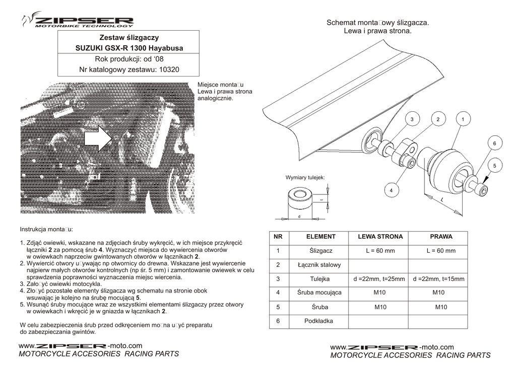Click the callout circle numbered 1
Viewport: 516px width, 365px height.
(463, 119)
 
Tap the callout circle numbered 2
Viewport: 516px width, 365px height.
(438, 119)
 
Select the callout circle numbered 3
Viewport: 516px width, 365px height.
(412, 119)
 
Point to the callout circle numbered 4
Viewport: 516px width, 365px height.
(391, 190)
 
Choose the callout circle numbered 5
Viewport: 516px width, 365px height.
(494, 166)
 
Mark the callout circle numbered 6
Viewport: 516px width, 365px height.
(494, 143)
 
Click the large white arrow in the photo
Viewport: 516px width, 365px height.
(98, 138)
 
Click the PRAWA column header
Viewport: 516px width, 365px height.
(441, 236)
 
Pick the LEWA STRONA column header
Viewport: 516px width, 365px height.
(380, 236)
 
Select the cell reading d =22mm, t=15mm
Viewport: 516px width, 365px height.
(441, 278)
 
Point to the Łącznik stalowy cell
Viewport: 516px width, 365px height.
(320, 264)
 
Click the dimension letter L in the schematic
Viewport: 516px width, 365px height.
(442, 200)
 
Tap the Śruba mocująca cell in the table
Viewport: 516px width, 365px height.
(320, 293)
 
